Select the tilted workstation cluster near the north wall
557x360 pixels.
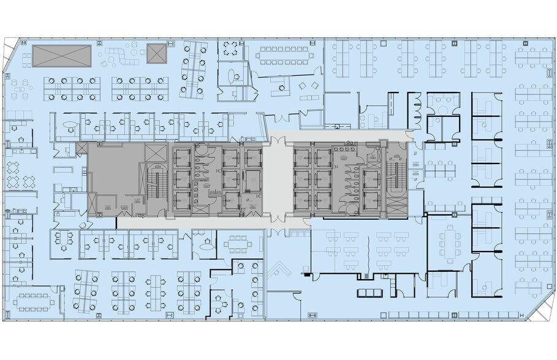tap(192, 69)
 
